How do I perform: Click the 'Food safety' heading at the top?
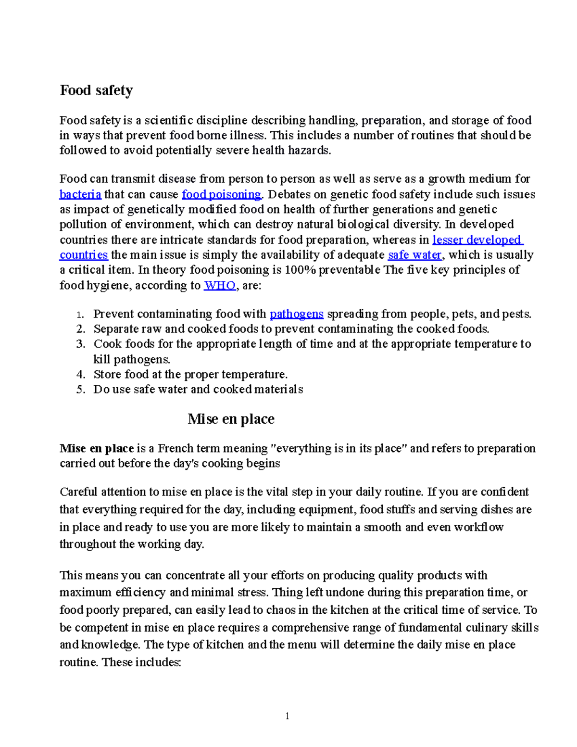(96, 90)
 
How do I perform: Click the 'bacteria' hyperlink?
(80, 194)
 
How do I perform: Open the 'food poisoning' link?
(221, 194)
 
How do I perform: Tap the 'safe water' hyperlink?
(414, 255)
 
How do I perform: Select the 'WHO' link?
(220, 285)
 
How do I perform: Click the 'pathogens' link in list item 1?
(296, 314)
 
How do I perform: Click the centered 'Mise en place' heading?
(231, 419)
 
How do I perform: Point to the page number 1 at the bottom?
(287, 716)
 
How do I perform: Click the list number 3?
(80, 344)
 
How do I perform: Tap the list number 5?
(80, 389)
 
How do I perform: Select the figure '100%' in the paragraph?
(300, 270)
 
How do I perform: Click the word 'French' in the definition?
(177, 448)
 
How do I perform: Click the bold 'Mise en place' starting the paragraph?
(96, 448)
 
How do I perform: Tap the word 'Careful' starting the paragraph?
(78, 492)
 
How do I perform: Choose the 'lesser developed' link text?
(477, 240)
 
